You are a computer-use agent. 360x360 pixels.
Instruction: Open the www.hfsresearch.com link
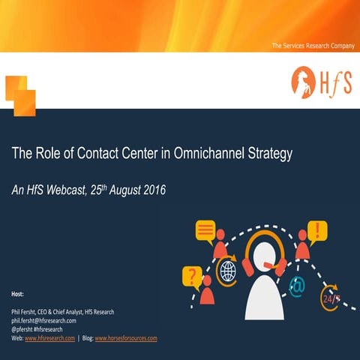49,338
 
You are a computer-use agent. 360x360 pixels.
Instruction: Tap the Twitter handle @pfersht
25,328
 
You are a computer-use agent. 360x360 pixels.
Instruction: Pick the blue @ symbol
297,285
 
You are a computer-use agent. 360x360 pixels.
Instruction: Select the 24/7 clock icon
330,298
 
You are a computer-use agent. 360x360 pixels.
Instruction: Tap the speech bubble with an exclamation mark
318,229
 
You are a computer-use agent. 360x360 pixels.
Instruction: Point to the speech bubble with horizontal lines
205,229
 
